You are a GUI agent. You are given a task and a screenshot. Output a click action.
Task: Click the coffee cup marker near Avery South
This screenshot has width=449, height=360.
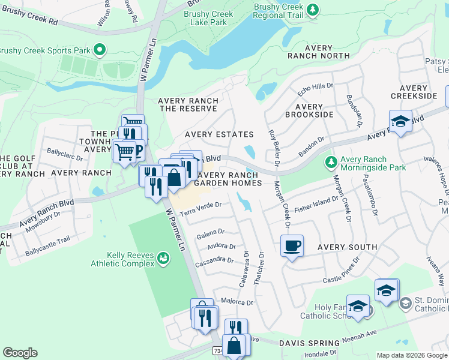coord(292,246)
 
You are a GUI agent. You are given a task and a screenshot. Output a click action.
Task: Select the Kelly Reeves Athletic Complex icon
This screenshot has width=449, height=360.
coord(163,257)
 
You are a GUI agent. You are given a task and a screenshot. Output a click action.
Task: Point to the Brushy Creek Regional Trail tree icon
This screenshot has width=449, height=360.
coord(312,9)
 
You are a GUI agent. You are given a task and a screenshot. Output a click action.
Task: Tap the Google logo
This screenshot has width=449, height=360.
coord(20,353)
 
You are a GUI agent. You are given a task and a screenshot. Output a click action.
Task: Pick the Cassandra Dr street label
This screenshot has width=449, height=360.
coord(218,260)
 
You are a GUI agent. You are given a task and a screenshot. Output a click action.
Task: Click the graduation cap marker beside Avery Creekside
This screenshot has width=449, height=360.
coord(400,121)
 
